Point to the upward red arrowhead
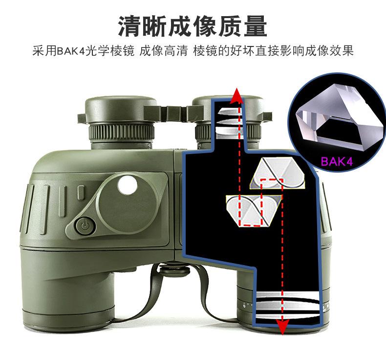pos(238,96)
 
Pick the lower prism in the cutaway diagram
pos(254,207)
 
